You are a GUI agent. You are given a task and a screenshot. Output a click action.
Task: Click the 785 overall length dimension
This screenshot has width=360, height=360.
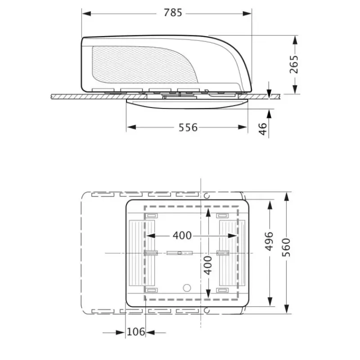click(x=173, y=13)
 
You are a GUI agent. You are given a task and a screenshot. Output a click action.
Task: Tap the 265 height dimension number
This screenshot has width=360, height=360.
click(x=294, y=64)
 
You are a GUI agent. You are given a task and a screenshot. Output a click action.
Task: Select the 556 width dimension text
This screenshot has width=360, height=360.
click(x=188, y=128)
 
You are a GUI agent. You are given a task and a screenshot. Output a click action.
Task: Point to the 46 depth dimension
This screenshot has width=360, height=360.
click(x=263, y=129)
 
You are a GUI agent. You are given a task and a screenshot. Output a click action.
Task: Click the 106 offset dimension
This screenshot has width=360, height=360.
click(x=136, y=332)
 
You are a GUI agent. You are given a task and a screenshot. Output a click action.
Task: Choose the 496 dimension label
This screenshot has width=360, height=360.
click(x=269, y=241)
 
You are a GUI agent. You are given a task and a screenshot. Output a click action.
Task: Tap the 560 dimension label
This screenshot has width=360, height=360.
click(x=286, y=247)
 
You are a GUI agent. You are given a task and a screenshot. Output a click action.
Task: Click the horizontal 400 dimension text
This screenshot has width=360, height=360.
click(x=182, y=235)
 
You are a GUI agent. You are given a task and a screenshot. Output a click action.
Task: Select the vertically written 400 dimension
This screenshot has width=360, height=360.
click(x=208, y=265)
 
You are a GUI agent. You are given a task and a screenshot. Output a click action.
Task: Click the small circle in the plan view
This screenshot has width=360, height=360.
click(x=187, y=288)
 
